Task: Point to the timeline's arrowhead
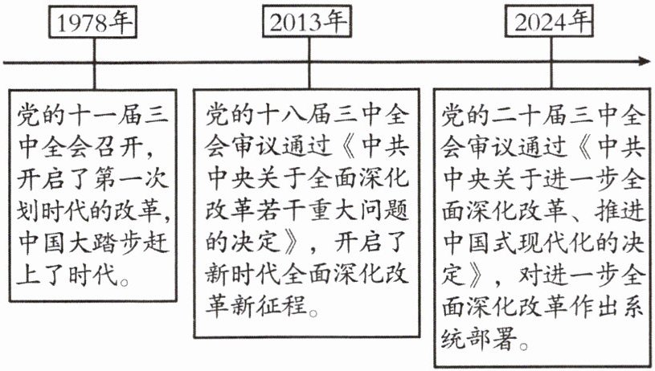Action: point(644,61)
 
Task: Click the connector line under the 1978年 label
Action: point(94,73)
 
